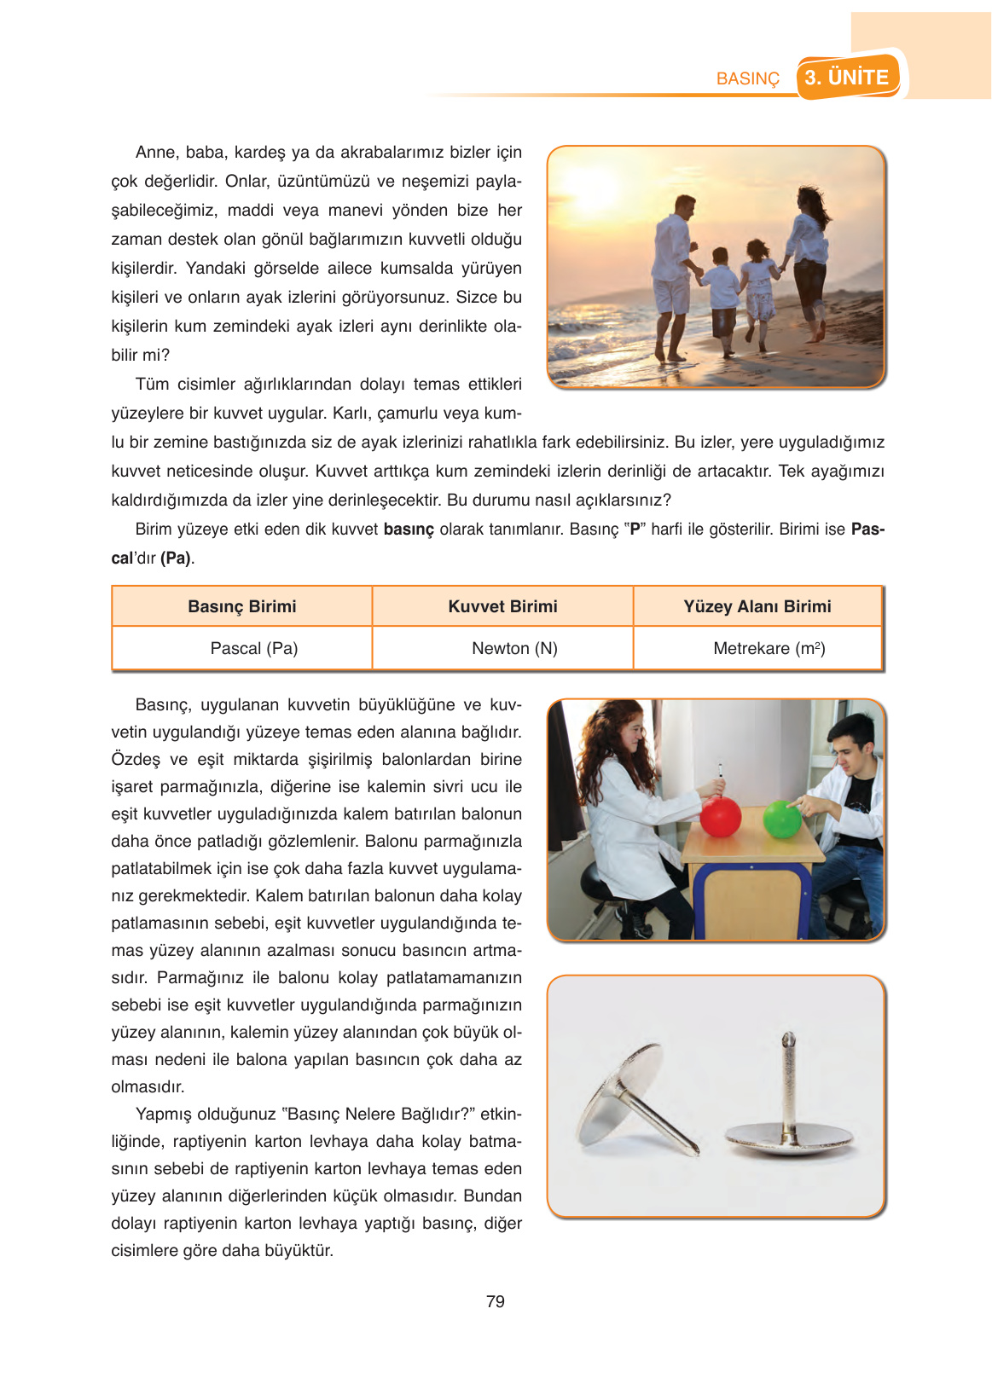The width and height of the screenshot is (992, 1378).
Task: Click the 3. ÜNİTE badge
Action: (848, 78)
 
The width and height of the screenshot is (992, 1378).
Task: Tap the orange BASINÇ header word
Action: (747, 78)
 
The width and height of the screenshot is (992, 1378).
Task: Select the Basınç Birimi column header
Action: (242, 606)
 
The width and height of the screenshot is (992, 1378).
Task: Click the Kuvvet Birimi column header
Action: (502, 606)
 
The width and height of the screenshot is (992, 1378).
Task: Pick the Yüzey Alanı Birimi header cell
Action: (757, 606)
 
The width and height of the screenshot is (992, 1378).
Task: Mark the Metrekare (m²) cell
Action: (769, 648)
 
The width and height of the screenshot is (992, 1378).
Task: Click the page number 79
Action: (496, 1301)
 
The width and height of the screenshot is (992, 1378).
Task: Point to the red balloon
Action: (721, 816)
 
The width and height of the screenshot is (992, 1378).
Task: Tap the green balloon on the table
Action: (782, 819)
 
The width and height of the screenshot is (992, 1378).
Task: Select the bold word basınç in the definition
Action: (409, 530)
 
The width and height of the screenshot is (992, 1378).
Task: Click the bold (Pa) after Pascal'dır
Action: (177, 559)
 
